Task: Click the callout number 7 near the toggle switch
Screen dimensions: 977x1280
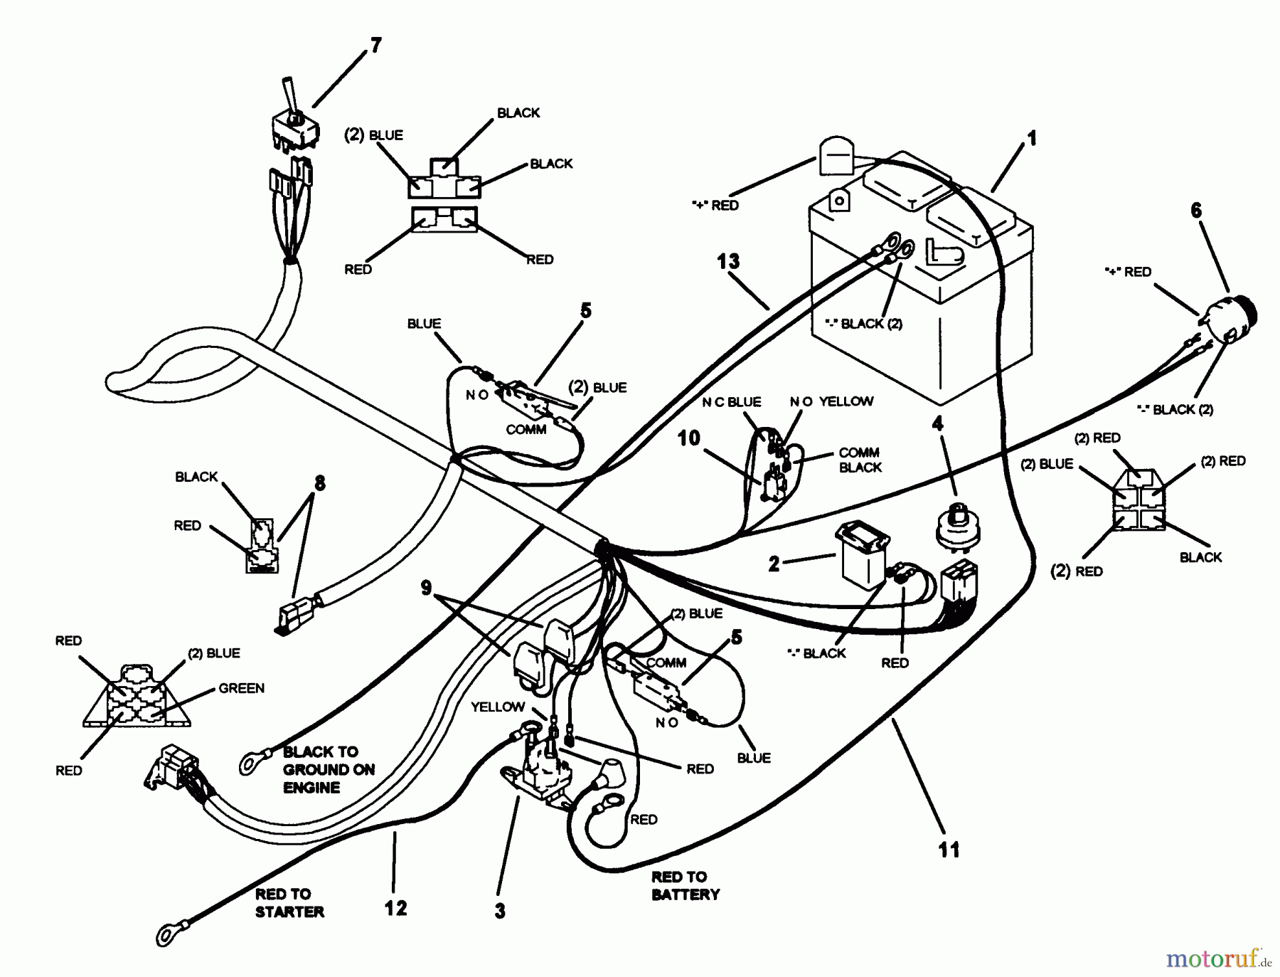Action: (x=375, y=46)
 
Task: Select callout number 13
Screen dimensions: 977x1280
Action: (x=728, y=262)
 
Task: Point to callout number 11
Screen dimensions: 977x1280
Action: (x=949, y=849)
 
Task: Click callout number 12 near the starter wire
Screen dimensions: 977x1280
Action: (x=396, y=908)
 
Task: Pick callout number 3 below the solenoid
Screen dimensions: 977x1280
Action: (x=500, y=911)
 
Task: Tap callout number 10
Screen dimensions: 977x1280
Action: (x=688, y=438)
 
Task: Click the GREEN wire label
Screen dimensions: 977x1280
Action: (x=241, y=688)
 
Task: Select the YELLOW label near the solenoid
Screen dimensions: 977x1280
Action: (x=497, y=707)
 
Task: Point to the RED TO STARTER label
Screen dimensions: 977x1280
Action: (x=289, y=902)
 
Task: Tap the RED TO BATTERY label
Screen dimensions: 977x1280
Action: (x=686, y=885)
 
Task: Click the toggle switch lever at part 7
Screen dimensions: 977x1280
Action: (x=290, y=96)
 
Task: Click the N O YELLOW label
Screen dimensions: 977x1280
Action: (x=831, y=401)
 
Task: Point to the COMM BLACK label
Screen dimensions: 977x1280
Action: (x=860, y=460)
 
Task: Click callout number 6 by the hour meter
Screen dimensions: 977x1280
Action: (x=1196, y=211)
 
